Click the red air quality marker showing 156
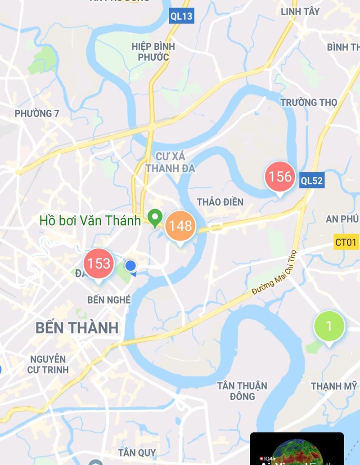(x=280, y=176)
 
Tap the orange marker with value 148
(x=180, y=226)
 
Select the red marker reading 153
(x=99, y=264)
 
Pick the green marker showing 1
(x=329, y=326)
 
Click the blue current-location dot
(x=130, y=266)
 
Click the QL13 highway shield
(x=181, y=17)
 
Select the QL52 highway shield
(x=312, y=181)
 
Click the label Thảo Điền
(x=220, y=202)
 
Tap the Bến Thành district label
(x=77, y=328)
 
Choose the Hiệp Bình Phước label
(x=153, y=52)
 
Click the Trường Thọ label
(x=308, y=103)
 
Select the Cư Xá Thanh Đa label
(x=171, y=162)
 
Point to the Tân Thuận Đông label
(x=242, y=391)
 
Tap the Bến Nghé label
(x=109, y=300)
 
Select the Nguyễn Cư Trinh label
(x=48, y=364)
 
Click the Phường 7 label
(x=37, y=113)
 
